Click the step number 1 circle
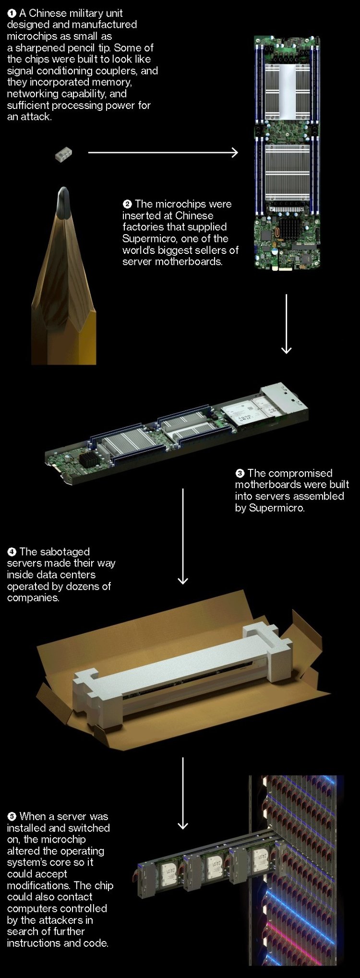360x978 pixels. coord(12,13)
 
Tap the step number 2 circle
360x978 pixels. coord(127,204)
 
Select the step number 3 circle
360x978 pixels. coord(240,474)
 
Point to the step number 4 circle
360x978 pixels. coord(12,552)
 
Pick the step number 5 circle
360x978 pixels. coord(12,817)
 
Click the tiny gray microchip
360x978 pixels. coord(63,155)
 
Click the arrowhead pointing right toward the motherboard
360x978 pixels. coord(234,153)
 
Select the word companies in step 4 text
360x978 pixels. coord(32,598)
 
